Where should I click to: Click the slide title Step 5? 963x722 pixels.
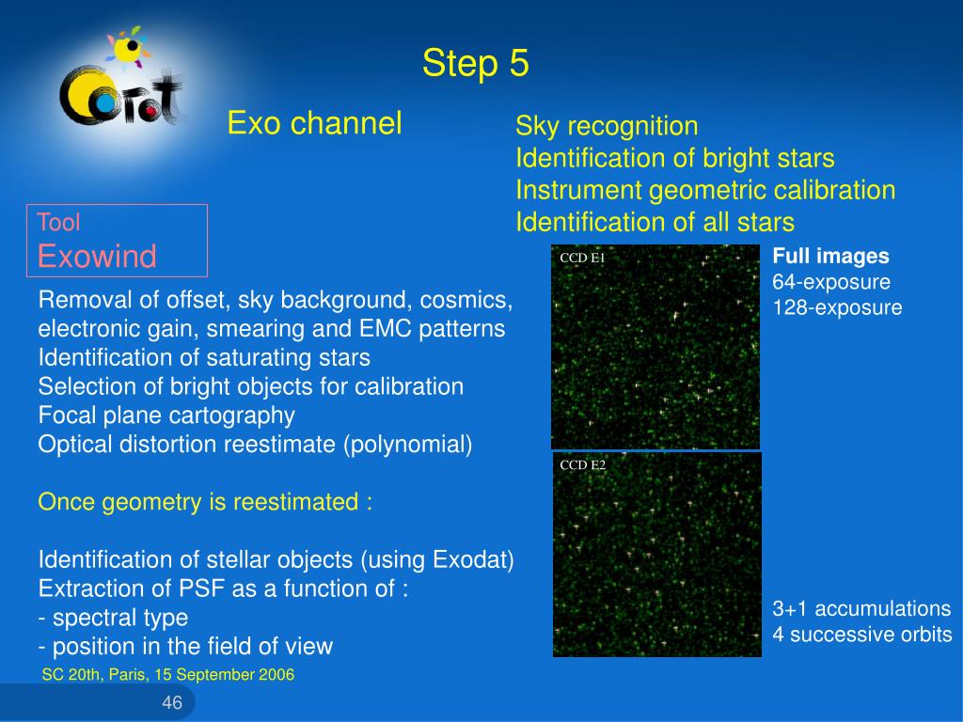coord(475,63)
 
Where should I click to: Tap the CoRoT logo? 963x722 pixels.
coord(121,80)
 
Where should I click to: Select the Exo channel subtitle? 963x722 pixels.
coord(314,123)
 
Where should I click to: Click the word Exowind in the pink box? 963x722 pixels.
coord(97,256)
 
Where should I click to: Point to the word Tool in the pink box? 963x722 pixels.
coord(58,222)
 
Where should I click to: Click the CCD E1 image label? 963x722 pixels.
coord(582,258)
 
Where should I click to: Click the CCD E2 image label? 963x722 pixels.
coord(582,464)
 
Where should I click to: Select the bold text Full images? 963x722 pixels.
coord(831,257)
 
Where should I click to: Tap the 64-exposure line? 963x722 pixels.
coord(831,282)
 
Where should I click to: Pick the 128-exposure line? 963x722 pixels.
coord(837,307)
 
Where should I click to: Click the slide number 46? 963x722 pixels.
coord(172,702)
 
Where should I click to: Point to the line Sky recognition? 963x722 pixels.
coord(607,126)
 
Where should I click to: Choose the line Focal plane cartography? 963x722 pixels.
coord(166,416)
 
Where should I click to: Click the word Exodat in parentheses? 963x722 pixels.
coord(470,559)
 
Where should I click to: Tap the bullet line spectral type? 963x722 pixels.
coord(113,618)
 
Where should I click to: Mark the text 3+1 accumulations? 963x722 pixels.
coord(861,608)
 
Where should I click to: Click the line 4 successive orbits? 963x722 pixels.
coord(862,635)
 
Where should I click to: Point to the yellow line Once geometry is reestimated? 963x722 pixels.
coord(204,502)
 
